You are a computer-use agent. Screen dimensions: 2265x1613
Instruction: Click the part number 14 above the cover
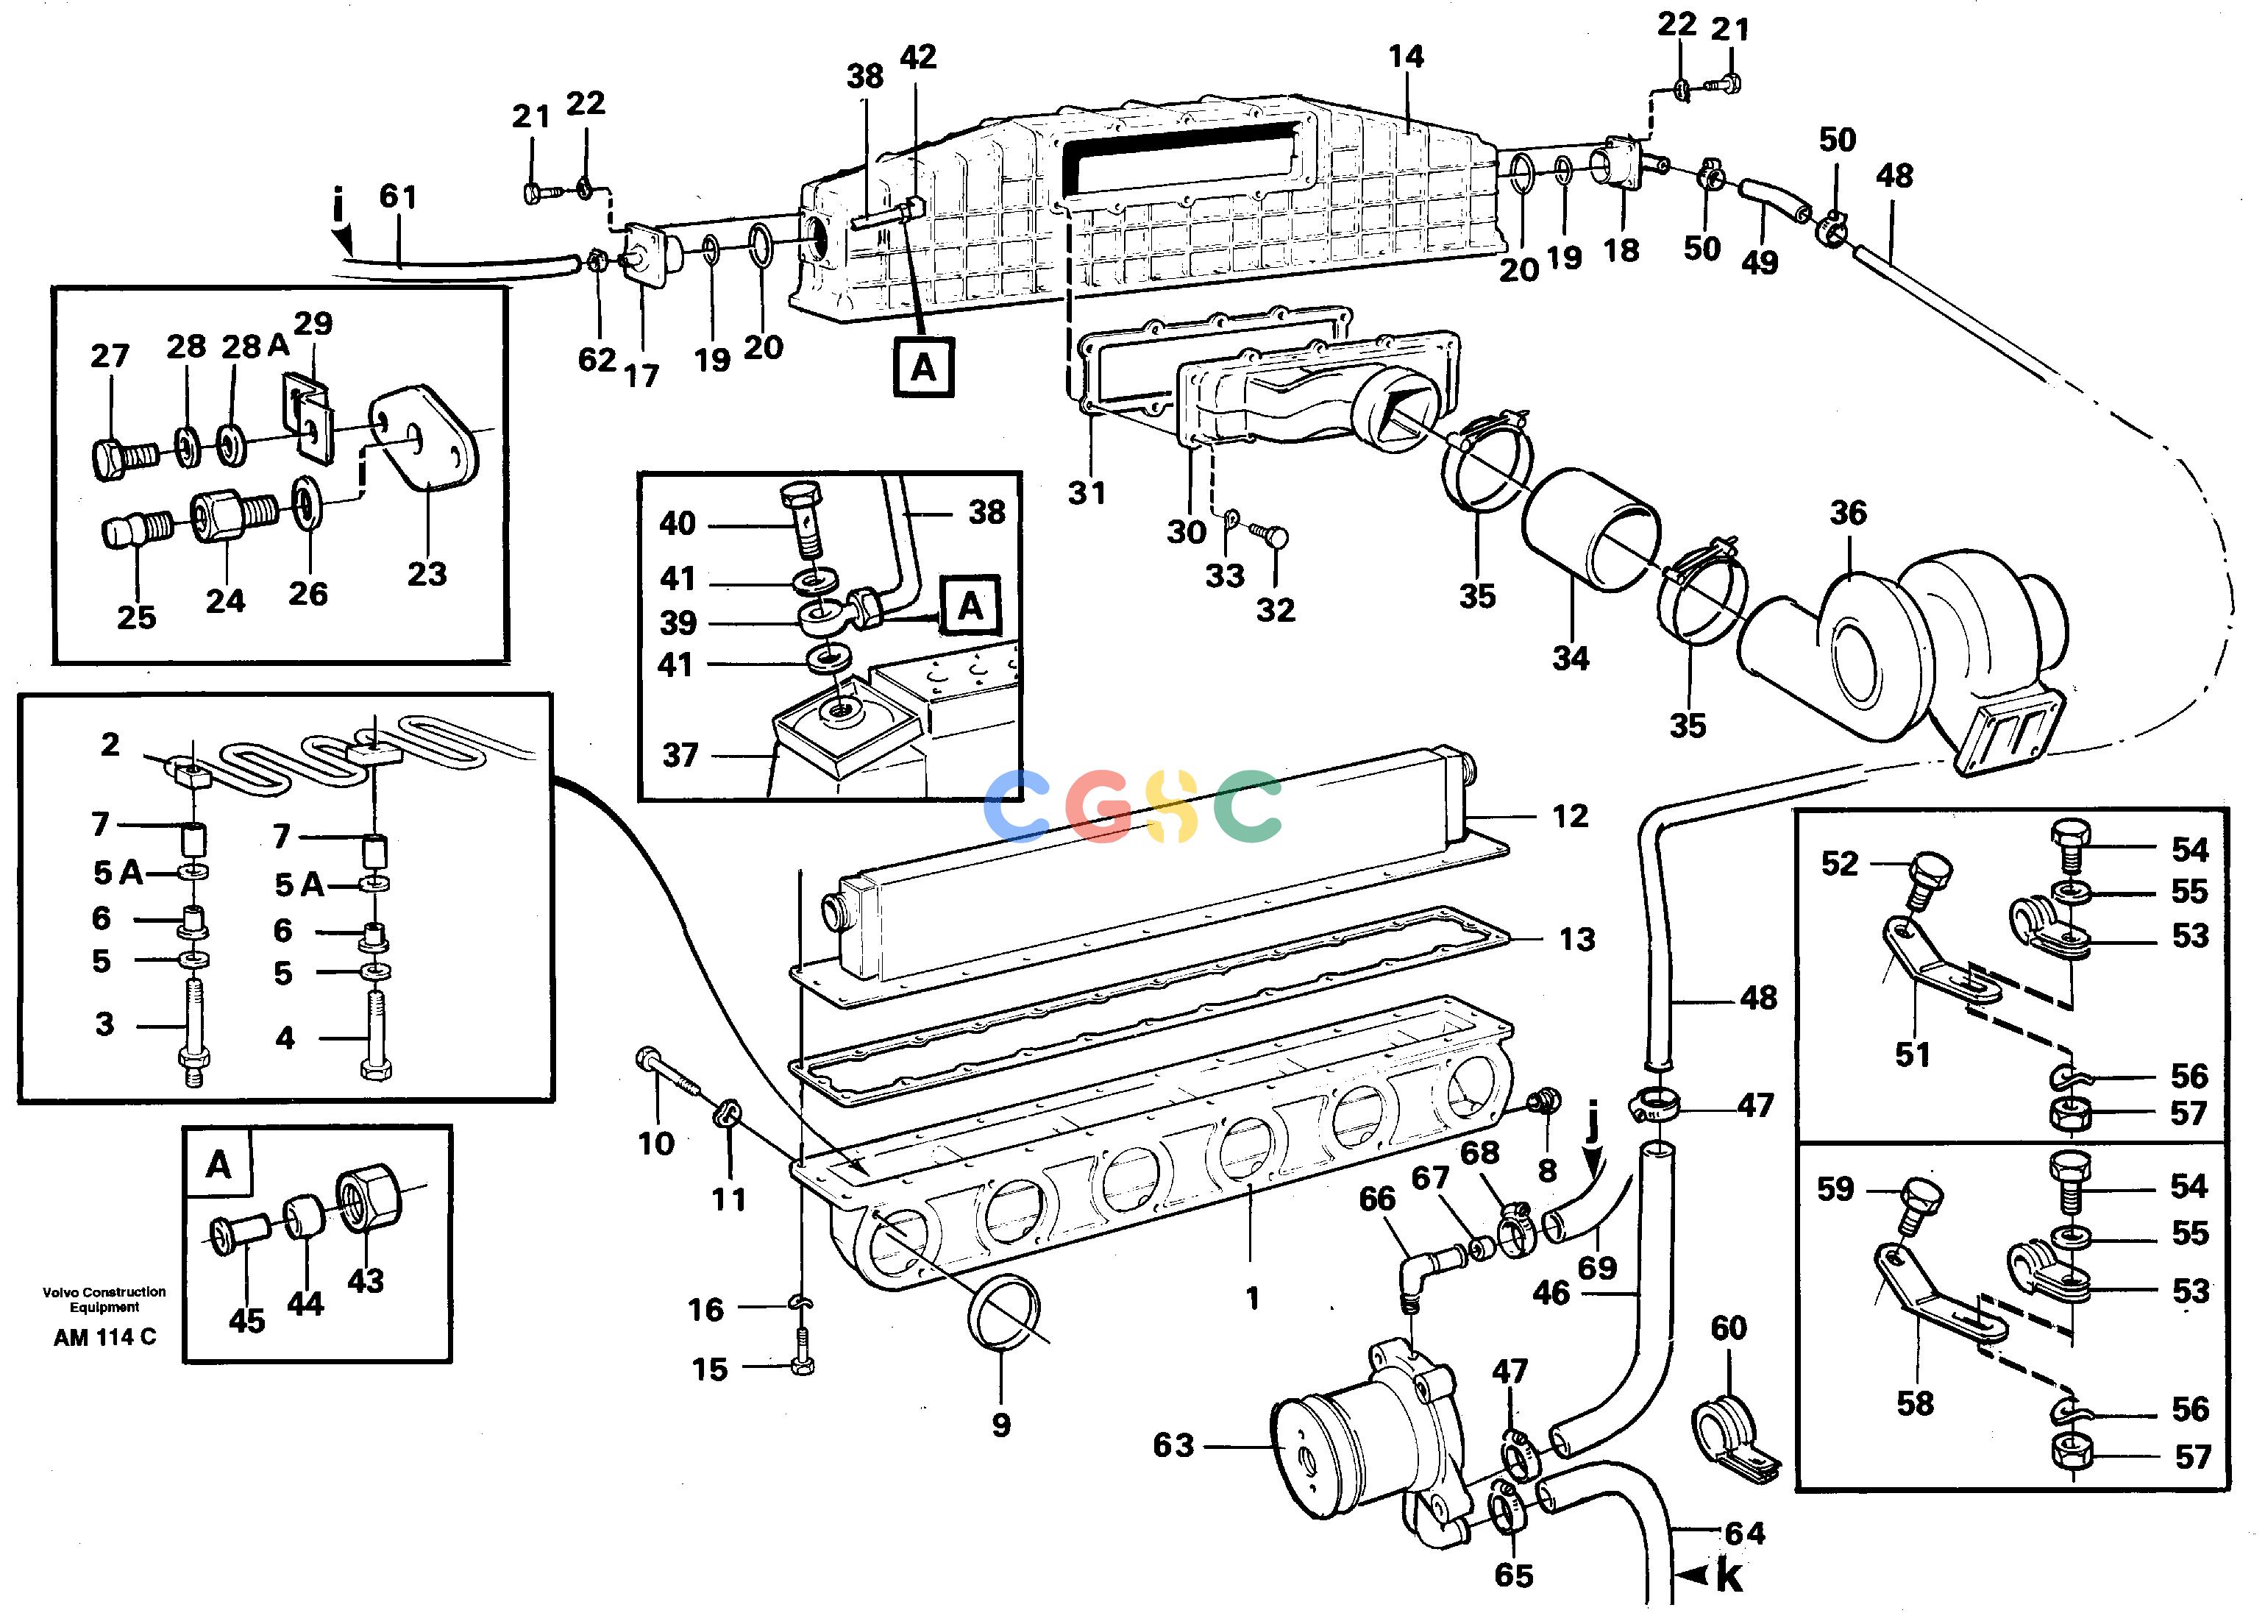(1406, 57)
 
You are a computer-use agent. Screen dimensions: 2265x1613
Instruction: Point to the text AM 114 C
(104, 1337)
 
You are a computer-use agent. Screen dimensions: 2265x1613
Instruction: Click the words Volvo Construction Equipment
(104, 1299)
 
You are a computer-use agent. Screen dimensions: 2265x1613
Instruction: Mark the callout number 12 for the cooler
(1570, 816)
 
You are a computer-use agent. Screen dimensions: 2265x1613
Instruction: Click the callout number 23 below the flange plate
(427, 573)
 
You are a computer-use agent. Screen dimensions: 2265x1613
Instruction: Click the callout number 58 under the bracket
(1915, 1403)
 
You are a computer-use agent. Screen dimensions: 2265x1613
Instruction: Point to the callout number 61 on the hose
(398, 196)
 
